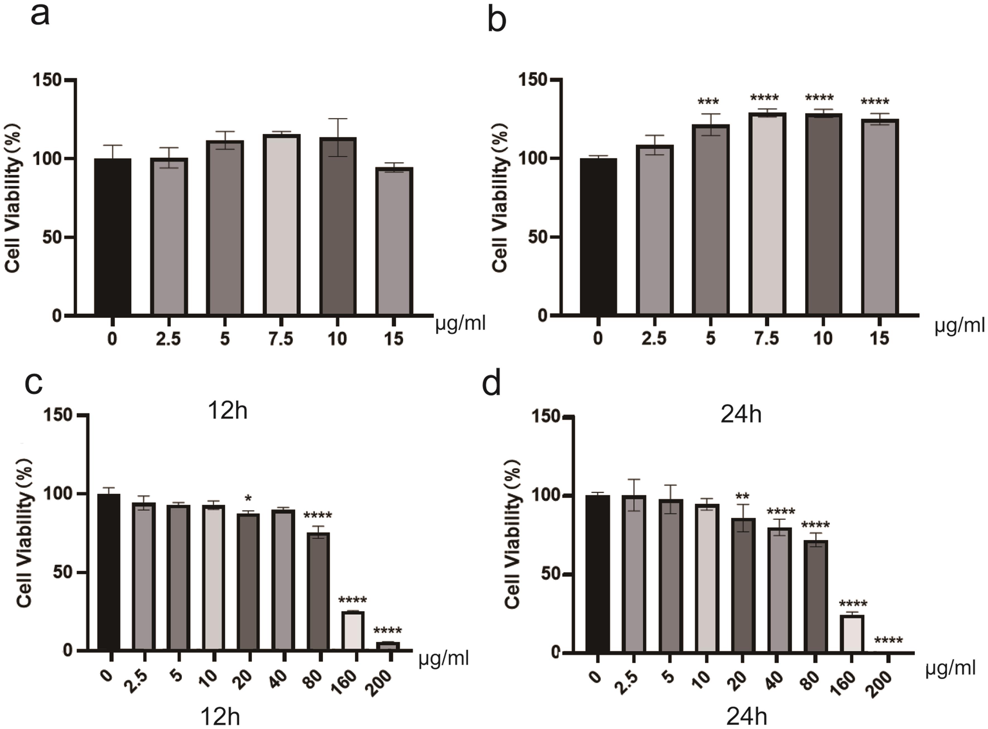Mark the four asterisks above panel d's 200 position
click(x=888, y=640)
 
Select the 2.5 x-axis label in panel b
click(x=654, y=339)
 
